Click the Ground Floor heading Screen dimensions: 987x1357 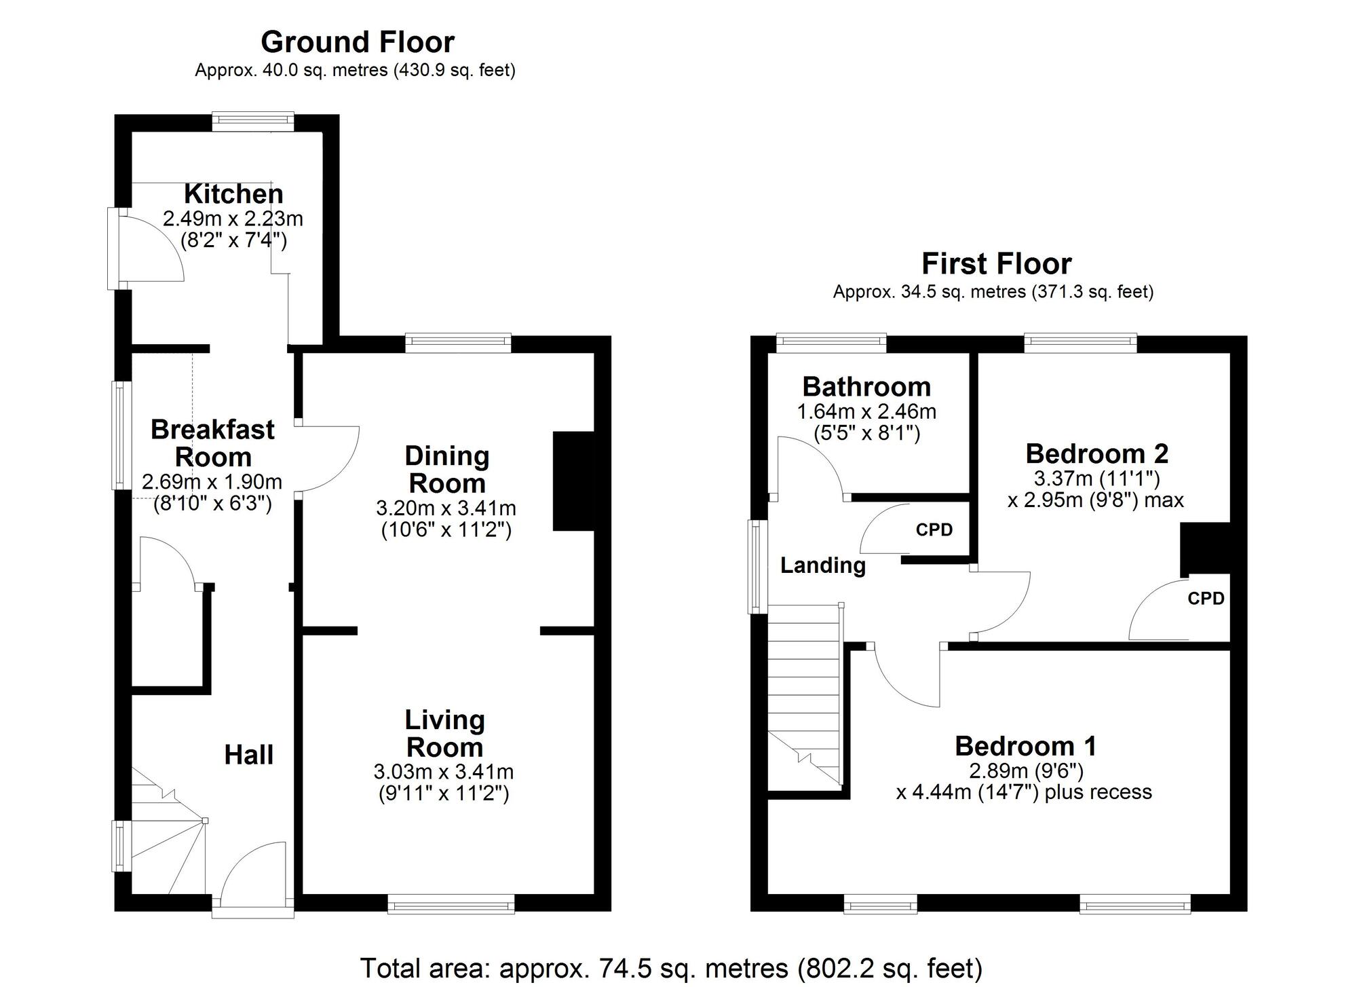click(358, 42)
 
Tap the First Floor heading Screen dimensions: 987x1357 click(996, 263)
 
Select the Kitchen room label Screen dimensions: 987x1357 click(233, 194)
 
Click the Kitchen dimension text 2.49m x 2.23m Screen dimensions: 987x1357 click(233, 219)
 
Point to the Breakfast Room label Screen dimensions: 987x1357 click(212, 443)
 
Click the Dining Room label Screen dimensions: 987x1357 click(446, 470)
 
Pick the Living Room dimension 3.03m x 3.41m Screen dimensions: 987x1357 click(443, 772)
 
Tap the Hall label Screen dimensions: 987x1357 click(248, 755)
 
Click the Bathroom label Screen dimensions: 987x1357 click(866, 387)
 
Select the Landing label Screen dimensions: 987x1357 click(822, 565)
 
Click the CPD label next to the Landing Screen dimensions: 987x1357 click(934, 530)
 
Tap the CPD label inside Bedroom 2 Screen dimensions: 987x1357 click(1206, 598)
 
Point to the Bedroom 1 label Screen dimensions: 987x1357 click(1025, 746)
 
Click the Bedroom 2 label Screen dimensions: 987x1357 click(1096, 453)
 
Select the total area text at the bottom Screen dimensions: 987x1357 click(670, 968)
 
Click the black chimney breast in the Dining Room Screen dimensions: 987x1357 click(573, 481)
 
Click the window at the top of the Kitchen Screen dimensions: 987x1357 click(252, 122)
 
